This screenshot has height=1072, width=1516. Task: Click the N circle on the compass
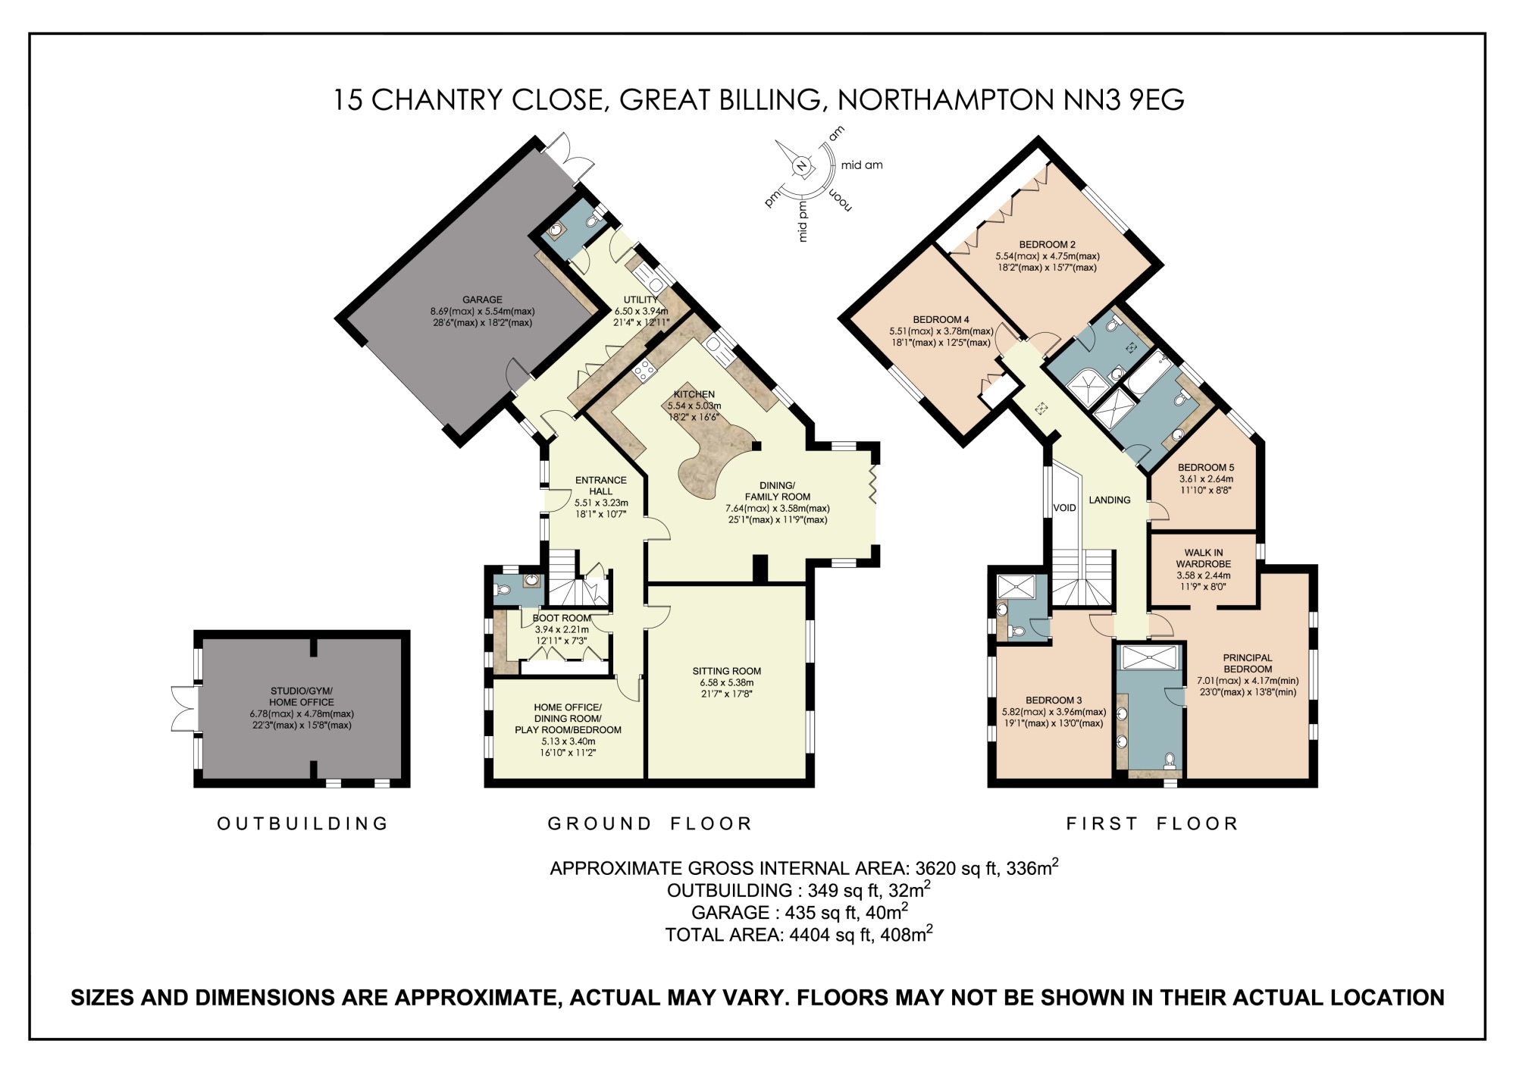(x=801, y=167)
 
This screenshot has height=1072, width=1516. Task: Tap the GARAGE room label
(x=482, y=300)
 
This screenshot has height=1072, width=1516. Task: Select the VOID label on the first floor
(x=1064, y=508)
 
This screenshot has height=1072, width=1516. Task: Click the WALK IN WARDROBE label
(x=1203, y=559)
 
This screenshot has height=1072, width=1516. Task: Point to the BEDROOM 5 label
(x=1205, y=468)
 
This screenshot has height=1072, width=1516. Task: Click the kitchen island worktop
(x=709, y=455)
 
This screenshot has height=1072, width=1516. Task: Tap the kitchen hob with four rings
(x=644, y=369)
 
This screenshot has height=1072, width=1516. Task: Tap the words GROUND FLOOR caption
(x=650, y=823)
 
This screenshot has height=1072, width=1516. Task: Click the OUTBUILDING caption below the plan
(x=302, y=823)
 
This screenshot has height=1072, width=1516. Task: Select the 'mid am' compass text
(x=862, y=165)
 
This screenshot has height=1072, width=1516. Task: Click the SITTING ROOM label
(x=726, y=671)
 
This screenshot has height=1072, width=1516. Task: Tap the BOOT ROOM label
(x=561, y=619)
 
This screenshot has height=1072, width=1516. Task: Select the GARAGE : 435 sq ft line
(x=799, y=913)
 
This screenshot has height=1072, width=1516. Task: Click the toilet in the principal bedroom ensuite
(x=1170, y=759)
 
